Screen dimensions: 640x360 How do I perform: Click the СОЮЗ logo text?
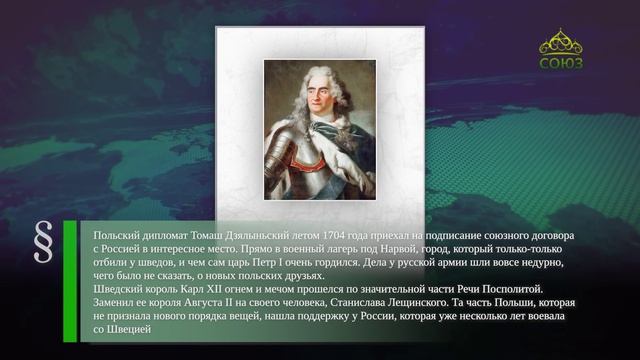pyautogui.click(x=561, y=63)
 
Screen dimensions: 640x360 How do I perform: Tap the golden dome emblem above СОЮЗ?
pyautogui.click(x=561, y=41)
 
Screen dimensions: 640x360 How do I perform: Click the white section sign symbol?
pyautogui.click(x=44, y=242)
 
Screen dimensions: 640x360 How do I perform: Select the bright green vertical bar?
pyautogui.click(x=70, y=281)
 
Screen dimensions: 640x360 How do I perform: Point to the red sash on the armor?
pyautogui.click(x=307, y=164)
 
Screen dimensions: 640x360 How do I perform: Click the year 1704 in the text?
pyautogui.click(x=333, y=236)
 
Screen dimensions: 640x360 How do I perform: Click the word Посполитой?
pyautogui.click(x=513, y=289)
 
